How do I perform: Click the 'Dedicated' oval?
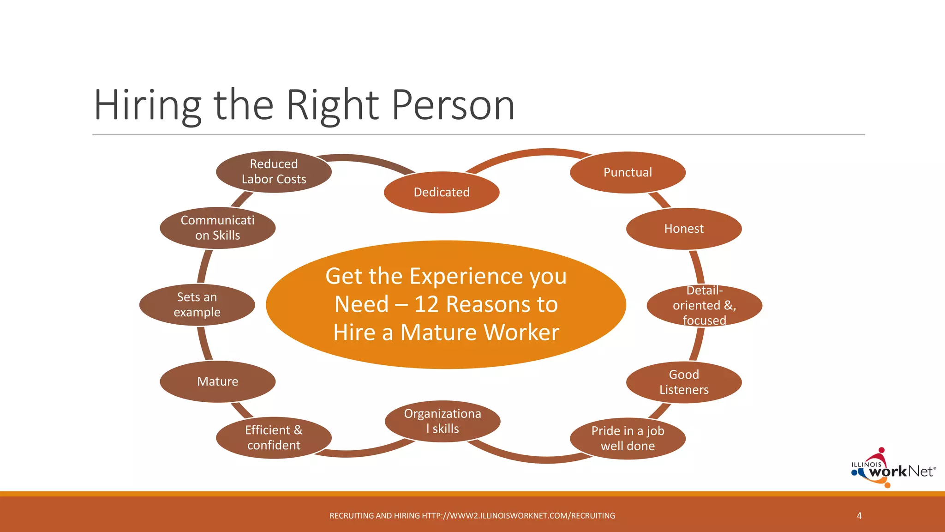[442, 192]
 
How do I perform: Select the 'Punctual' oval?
[628, 172]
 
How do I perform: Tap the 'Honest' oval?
[684, 229]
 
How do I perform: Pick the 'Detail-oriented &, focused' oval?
[704, 305]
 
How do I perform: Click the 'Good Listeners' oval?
[684, 382]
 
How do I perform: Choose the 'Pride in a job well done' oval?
[628, 438]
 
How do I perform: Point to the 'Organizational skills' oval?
[443, 421]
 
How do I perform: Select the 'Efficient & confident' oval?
[274, 437]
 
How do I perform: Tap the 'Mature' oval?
[217, 381]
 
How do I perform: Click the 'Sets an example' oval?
[197, 305]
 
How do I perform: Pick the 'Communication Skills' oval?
[217, 228]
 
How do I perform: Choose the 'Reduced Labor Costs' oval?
[274, 171]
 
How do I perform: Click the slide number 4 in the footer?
[859, 515]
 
